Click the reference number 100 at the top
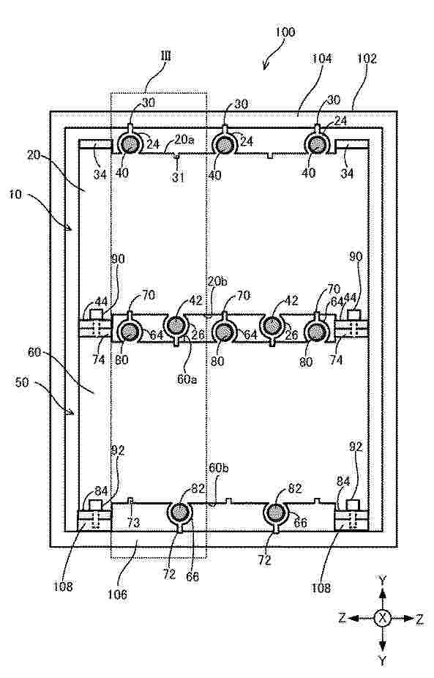click(x=285, y=32)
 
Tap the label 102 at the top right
click(x=367, y=59)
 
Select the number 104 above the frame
click(x=322, y=59)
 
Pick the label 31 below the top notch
click(x=179, y=177)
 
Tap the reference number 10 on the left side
click(x=15, y=195)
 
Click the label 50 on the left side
click(x=22, y=383)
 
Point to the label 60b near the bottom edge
click(x=218, y=468)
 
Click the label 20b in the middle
click(x=217, y=281)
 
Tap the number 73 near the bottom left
click(x=133, y=523)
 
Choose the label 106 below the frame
click(x=118, y=595)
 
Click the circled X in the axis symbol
click(x=382, y=618)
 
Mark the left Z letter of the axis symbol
click(x=342, y=618)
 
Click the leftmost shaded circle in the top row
click(x=128, y=144)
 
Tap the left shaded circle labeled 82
click(x=179, y=513)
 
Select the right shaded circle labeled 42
click(x=272, y=325)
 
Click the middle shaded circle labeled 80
click(x=223, y=332)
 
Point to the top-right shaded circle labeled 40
click(x=317, y=144)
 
